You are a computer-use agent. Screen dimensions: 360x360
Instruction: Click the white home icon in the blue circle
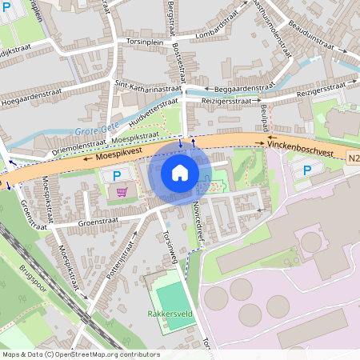tap(180, 173)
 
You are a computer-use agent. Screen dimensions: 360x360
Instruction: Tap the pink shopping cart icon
tap(122, 191)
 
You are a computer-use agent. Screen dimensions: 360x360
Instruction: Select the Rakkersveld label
tap(170, 314)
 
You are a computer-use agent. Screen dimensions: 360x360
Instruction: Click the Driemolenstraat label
tap(57, 149)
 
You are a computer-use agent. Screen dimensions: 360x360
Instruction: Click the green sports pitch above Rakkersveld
tap(170, 290)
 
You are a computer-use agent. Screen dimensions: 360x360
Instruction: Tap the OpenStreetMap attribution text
tap(80, 354)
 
